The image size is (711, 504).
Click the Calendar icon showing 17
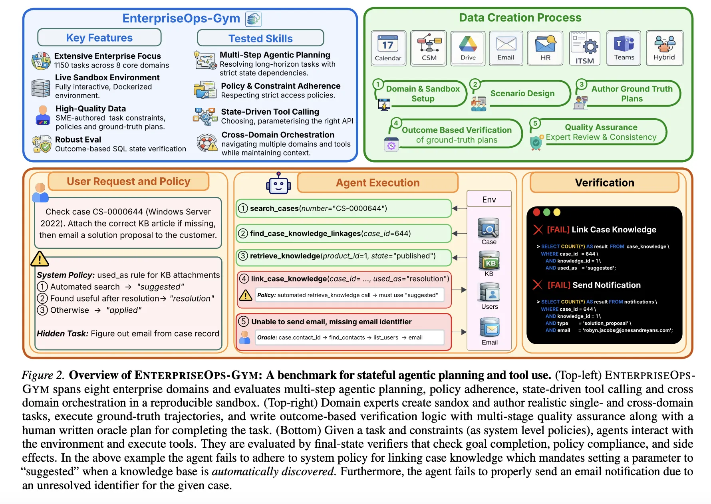coord(387,44)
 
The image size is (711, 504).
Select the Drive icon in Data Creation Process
coord(468,44)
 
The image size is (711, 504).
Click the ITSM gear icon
coord(590,47)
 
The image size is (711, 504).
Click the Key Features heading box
coord(99,38)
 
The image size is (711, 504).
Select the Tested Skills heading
coord(260,38)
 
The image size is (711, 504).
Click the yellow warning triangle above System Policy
coord(40,259)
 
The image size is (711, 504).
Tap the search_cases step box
coord(344,208)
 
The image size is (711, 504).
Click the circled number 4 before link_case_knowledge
coord(244,279)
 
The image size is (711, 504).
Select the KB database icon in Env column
coord(489,261)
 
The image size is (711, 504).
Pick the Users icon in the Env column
coord(489,293)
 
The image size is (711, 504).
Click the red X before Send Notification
coord(538,285)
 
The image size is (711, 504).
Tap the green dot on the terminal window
coord(547,212)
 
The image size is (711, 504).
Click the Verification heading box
coord(604,183)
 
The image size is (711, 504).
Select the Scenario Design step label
coord(522,93)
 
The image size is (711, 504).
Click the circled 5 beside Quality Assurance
coord(535,123)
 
